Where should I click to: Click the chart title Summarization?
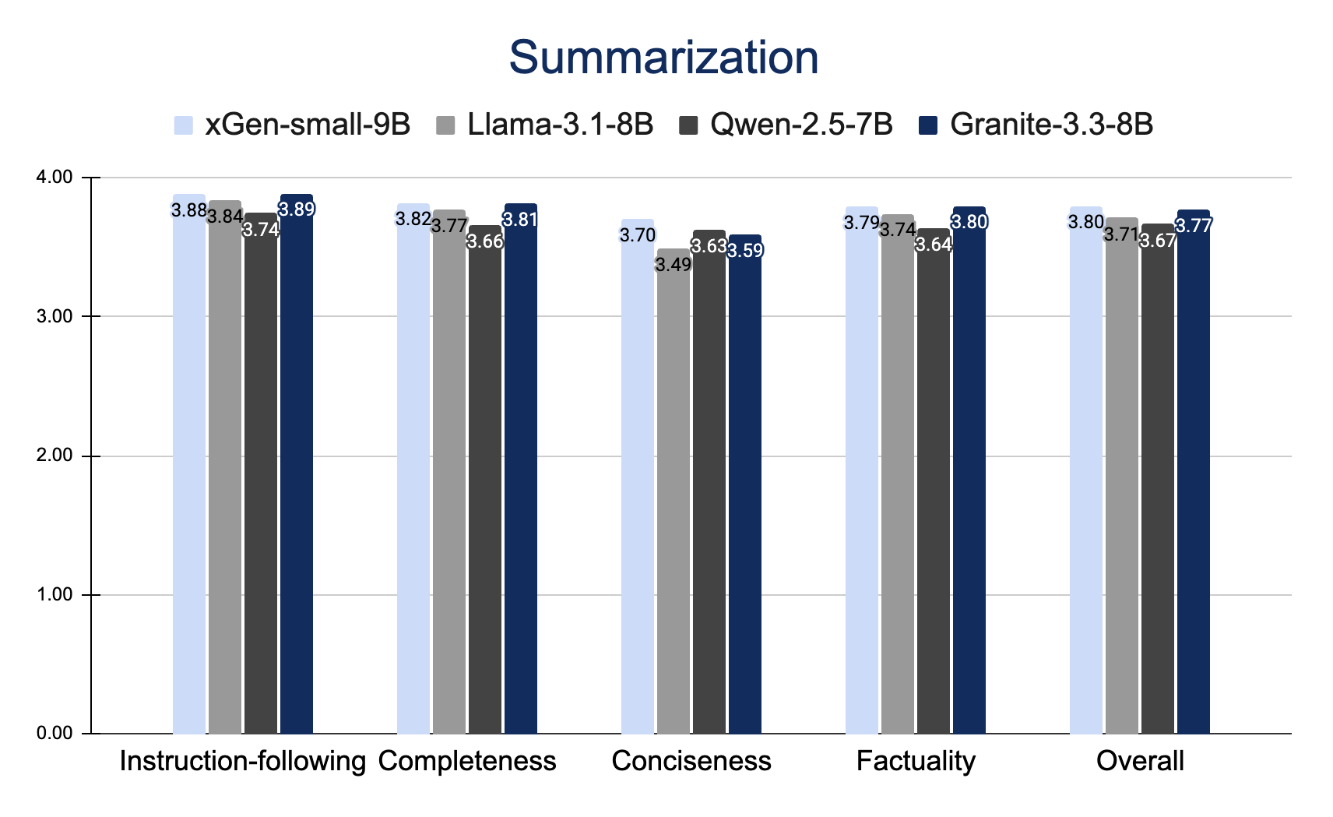(663, 58)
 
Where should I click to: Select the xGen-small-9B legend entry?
(293, 125)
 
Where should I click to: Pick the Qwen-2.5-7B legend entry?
(786, 125)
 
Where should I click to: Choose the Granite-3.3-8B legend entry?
(1036, 125)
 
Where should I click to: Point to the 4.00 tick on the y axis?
(55, 178)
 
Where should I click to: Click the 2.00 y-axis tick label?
(55, 456)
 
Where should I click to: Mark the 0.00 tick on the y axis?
(55, 734)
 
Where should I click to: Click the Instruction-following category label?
(243, 761)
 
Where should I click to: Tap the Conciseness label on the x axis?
(691, 761)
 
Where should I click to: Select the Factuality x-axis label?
(916, 761)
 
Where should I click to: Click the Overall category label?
(1140, 761)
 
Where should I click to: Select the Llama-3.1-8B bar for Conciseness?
(674, 498)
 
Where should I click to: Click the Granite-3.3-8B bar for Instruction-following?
(297, 467)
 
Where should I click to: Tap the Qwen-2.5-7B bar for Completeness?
(485, 483)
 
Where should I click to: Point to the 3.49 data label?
(674, 265)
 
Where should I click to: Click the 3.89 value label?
(297, 209)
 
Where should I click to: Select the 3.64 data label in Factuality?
(934, 245)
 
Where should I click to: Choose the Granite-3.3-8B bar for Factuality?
(969, 475)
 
